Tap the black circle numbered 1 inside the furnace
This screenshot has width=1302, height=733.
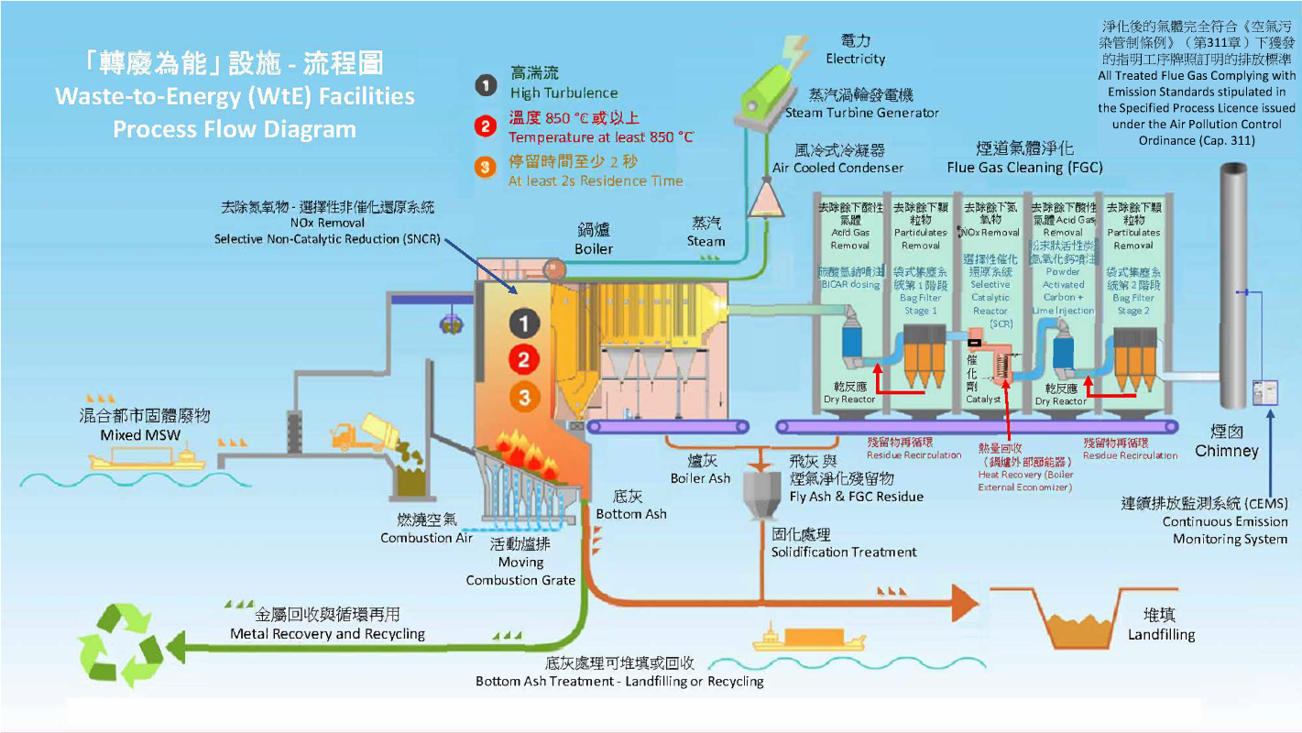click(x=523, y=323)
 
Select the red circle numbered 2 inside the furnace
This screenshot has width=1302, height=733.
click(x=523, y=359)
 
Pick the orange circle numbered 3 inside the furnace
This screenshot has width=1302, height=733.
click(x=523, y=397)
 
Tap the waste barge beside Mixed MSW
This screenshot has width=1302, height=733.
click(x=147, y=458)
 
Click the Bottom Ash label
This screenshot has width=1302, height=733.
click(x=631, y=506)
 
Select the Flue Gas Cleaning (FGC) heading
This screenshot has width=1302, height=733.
click(x=1024, y=158)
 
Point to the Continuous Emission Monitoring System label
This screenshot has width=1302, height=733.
click(x=1205, y=521)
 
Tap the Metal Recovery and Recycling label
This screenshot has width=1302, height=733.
click(x=327, y=625)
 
